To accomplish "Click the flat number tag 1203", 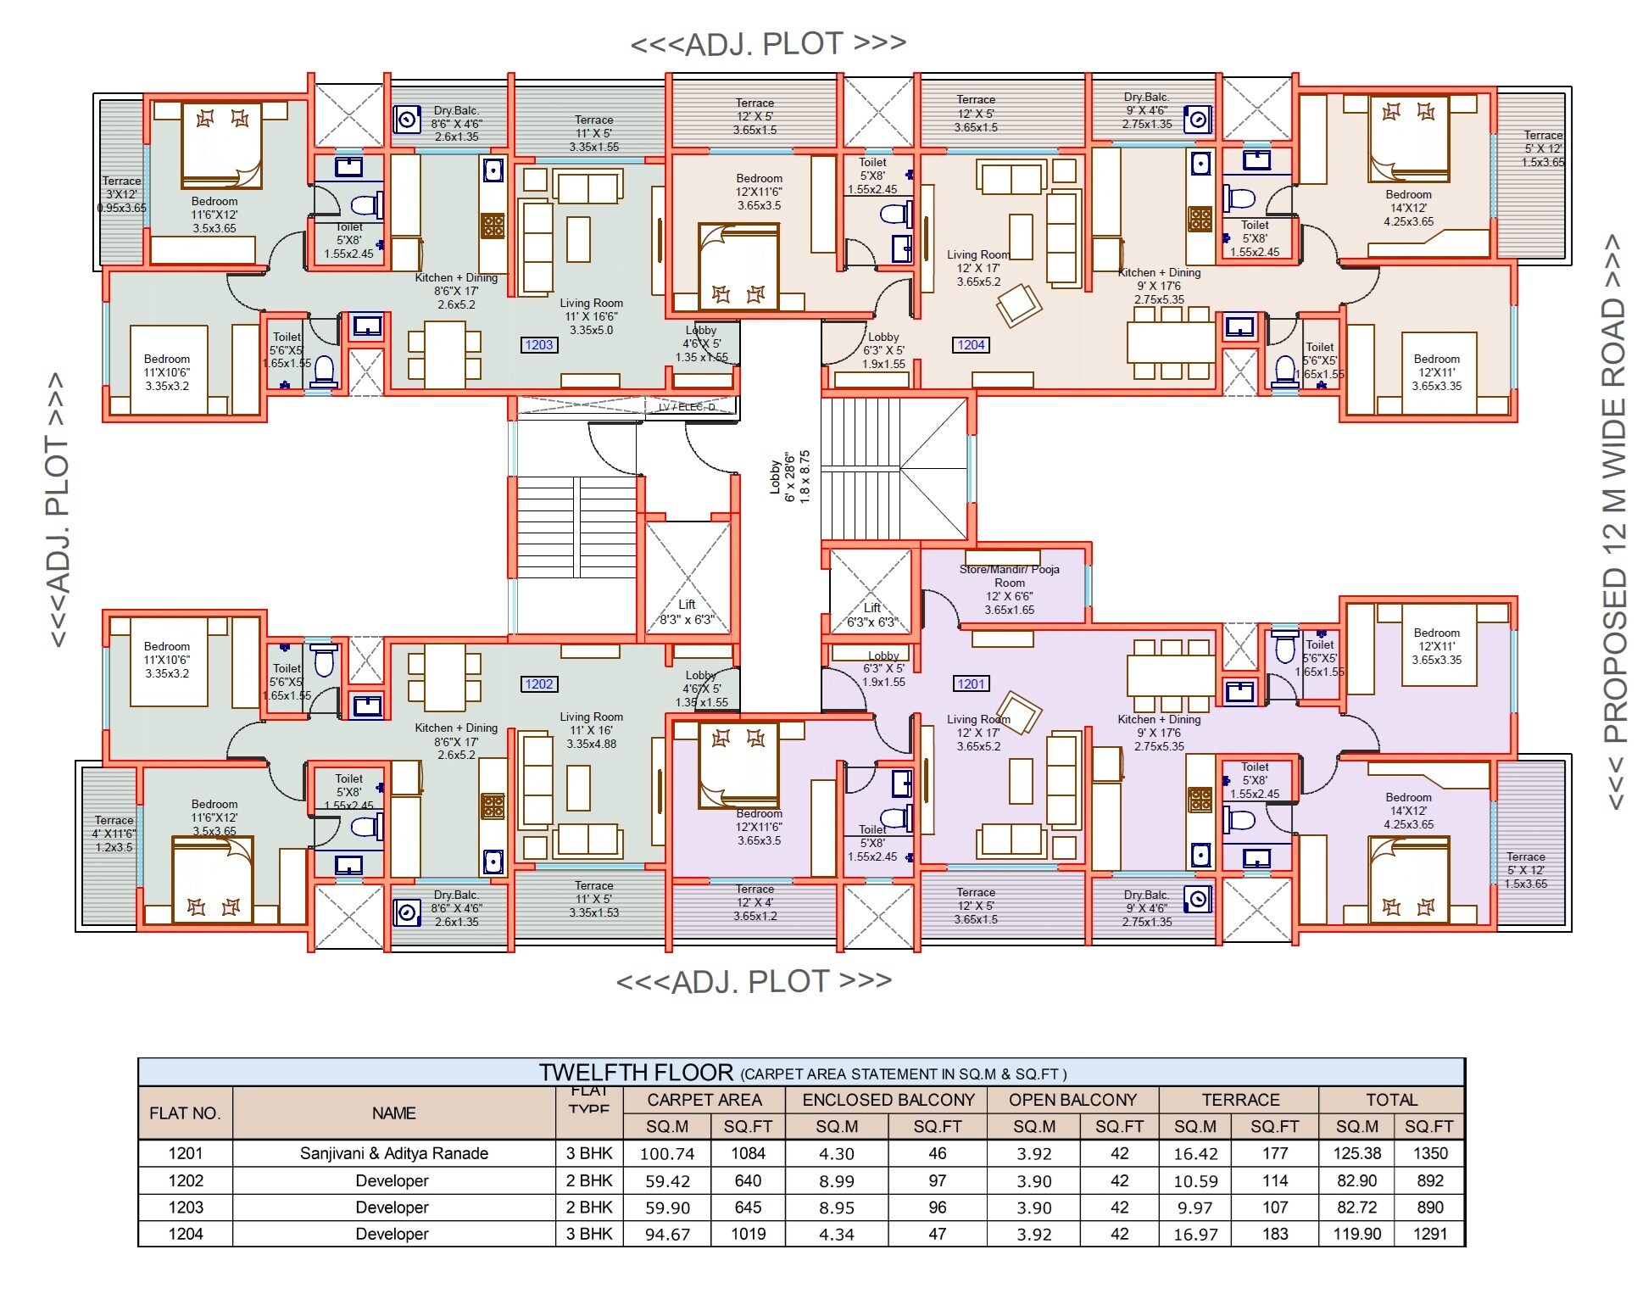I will pos(538,344).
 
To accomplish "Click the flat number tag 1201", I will pos(971,683).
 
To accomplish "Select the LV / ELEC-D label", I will pos(687,408).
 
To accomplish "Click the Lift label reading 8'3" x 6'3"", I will pos(687,611).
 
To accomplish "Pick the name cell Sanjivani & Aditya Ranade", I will pos(393,1153).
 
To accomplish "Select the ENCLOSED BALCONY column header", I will pos(888,1100).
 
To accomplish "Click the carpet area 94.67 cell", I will pos(667,1234).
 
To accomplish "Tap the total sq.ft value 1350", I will pos(1429,1153).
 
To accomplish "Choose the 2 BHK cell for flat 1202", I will pos(589,1180).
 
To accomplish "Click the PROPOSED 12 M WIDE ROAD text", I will pos(1615,522).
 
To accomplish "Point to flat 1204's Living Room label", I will pos(978,268).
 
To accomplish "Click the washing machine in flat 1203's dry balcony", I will pos(408,120).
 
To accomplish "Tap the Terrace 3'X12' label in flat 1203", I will pos(122,194).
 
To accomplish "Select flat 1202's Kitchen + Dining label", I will pos(456,740).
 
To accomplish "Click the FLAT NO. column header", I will pos(185,1113).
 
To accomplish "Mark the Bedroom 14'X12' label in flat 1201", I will pos(1408,811).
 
